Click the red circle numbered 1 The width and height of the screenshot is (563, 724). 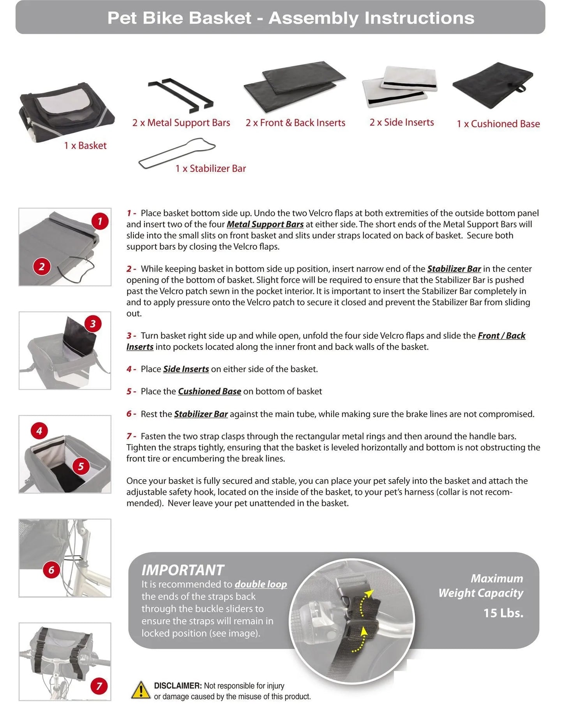100,221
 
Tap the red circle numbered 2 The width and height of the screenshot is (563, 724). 42,267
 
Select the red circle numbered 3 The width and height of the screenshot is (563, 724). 93,323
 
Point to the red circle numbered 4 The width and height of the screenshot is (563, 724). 39,431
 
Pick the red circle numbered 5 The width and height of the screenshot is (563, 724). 81,466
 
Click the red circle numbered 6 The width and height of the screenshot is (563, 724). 51,570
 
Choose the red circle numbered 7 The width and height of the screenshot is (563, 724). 99,686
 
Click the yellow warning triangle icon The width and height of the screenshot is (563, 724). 140,691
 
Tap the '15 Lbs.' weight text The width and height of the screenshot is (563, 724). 503,613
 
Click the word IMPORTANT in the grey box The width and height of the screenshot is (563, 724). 183,570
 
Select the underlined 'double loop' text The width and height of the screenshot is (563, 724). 261,584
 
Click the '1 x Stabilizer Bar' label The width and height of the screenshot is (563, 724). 210,169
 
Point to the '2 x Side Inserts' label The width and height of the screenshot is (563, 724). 401,122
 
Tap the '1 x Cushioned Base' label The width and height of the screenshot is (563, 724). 498,124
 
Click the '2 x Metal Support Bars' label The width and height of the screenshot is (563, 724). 181,123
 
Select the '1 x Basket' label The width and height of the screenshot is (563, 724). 85,146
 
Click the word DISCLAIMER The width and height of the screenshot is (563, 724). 178,686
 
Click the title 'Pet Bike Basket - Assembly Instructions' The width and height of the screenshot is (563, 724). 291,18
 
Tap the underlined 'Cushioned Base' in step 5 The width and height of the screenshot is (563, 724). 209,391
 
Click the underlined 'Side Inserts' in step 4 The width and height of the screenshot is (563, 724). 186,369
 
